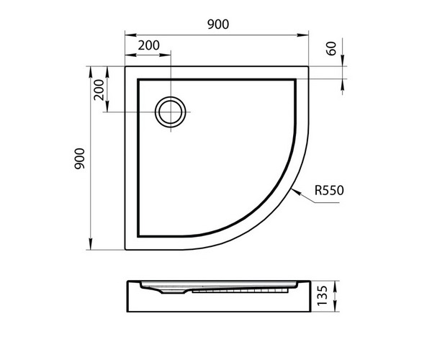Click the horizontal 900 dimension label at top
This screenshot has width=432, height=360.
point(218,24)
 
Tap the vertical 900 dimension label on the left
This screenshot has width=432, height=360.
point(80,158)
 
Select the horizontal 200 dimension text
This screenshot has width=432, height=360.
point(149,45)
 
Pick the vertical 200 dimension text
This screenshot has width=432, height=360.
point(99,90)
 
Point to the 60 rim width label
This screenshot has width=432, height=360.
point(331,48)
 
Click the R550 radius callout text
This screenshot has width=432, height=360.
point(329,190)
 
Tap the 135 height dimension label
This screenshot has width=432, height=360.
point(323,295)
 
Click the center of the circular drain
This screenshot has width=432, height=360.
point(171,112)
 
